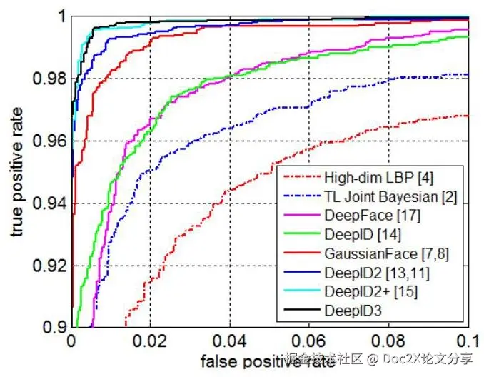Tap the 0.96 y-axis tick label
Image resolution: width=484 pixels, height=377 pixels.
[x=46, y=141]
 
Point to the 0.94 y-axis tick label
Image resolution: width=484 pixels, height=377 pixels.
[x=46, y=203]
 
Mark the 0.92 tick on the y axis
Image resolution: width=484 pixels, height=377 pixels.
[x=46, y=266]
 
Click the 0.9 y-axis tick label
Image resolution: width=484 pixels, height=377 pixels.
[x=51, y=328]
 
